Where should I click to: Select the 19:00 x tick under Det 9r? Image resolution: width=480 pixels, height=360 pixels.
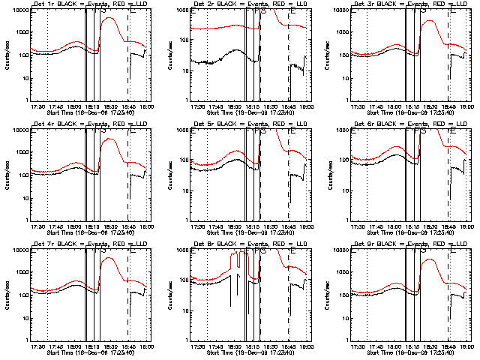tap(466, 344)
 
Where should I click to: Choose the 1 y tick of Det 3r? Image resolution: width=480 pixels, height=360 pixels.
tap(344, 100)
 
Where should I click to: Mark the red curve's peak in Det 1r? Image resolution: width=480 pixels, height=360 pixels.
tap(109, 18)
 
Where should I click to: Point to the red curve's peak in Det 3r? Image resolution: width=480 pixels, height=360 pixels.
tap(430, 22)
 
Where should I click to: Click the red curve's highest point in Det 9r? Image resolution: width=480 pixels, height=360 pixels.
tap(430, 259)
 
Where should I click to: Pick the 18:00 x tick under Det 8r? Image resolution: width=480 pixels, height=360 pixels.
tap(233, 344)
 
